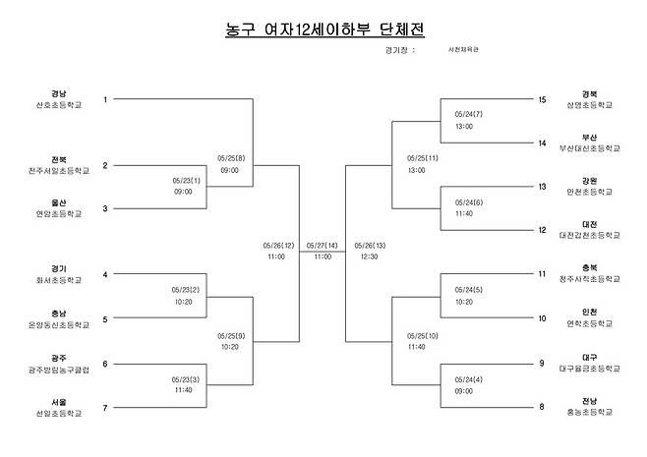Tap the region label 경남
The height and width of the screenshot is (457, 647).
coord(59,93)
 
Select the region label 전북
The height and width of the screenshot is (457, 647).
coord(59,159)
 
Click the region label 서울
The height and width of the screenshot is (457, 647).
coord(59,401)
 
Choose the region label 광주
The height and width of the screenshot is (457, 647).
coord(59,358)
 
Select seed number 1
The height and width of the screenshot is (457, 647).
coord(105,99)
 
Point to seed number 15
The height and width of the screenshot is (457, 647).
coord(542,99)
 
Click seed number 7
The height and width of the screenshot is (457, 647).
coord(105,407)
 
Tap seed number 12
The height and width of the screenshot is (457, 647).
coord(542,230)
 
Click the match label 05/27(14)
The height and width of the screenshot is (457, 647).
coord(323,245)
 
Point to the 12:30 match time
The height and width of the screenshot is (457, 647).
coord(366,257)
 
